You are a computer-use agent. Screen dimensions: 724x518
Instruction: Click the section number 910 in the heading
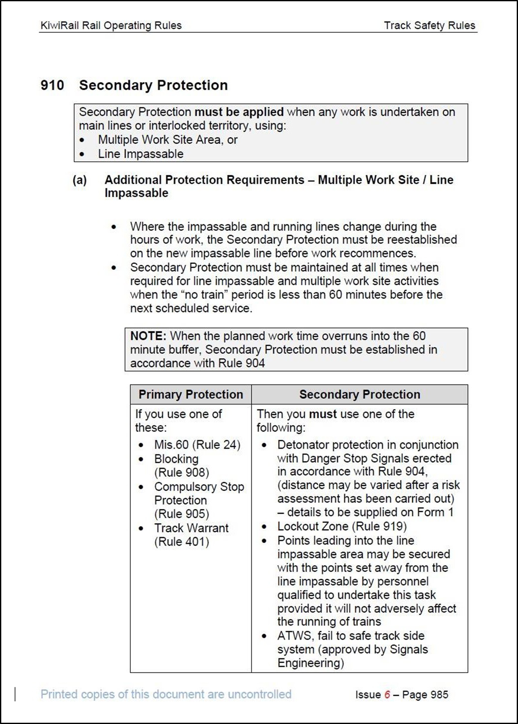click(52, 85)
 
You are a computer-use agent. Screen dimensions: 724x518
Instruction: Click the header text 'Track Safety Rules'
click(429, 25)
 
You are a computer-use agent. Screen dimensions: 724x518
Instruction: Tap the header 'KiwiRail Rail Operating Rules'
click(111, 25)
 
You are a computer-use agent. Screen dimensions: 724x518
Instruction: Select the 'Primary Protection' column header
click(191, 394)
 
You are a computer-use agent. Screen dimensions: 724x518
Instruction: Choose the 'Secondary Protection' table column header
click(359, 394)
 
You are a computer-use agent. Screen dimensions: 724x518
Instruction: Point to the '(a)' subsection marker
click(80, 180)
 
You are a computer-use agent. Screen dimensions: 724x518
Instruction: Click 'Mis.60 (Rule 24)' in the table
click(197, 445)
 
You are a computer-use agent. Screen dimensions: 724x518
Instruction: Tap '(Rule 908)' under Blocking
click(182, 472)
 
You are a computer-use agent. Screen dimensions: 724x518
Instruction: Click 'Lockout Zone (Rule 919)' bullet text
click(342, 526)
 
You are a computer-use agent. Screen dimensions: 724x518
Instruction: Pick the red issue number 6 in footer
click(387, 694)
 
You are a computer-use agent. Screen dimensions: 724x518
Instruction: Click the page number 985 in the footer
click(439, 694)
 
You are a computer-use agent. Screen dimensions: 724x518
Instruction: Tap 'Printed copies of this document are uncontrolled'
click(166, 694)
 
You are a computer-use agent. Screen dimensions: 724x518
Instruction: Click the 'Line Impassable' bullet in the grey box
click(141, 154)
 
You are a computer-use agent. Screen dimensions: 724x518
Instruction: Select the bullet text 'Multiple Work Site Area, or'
click(168, 140)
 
